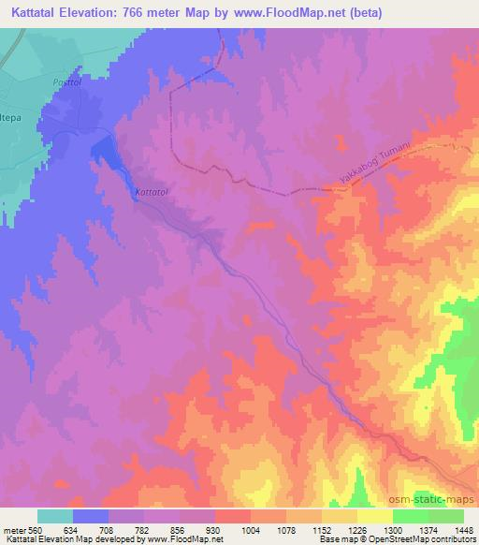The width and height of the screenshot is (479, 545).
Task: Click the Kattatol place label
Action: click(152, 192)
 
